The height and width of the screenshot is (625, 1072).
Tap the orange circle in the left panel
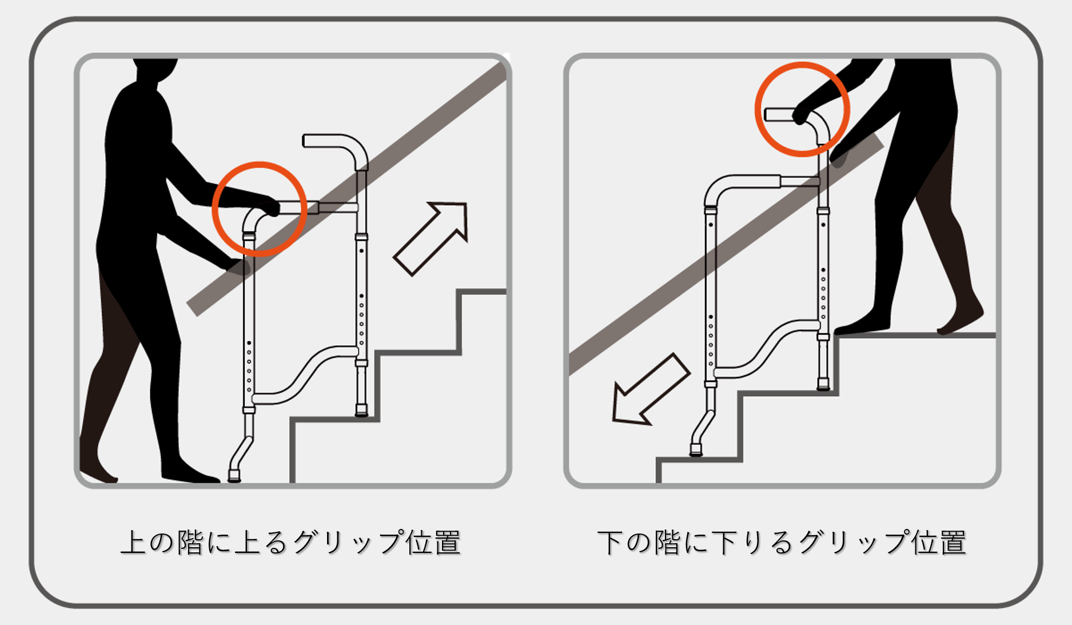(x=260, y=209)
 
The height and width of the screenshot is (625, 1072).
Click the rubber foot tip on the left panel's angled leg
(x=234, y=475)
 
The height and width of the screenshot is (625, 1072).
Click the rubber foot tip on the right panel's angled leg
(x=696, y=450)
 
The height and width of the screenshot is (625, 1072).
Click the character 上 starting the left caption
(x=134, y=542)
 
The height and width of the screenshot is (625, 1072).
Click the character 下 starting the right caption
(x=610, y=542)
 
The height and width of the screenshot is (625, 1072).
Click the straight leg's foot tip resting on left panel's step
(x=361, y=410)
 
